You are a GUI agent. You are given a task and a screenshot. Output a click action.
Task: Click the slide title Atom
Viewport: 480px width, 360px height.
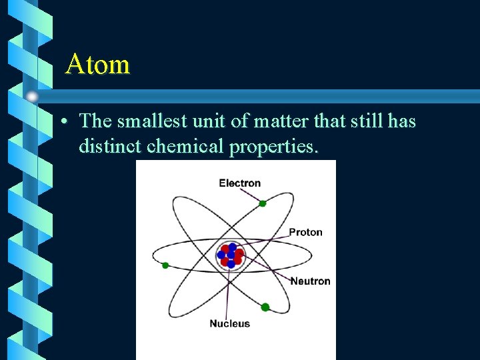[97, 65]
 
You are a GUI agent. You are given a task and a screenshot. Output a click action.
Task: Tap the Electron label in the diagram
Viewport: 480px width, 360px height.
[239, 183]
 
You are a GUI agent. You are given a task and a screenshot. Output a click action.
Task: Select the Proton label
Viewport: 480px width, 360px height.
[305, 232]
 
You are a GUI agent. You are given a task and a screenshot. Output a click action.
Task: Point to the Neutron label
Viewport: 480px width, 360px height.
[310, 281]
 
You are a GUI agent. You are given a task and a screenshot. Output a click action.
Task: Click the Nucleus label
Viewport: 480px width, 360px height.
[229, 323]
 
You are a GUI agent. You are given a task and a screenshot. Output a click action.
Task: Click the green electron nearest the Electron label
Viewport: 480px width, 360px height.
[263, 203]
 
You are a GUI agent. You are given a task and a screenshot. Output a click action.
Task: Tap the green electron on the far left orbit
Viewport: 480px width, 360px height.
[165, 265]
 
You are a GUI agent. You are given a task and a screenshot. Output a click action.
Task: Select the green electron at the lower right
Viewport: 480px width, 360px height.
[265, 307]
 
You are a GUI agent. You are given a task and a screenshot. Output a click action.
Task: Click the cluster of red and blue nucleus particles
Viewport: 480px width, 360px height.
[230, 255]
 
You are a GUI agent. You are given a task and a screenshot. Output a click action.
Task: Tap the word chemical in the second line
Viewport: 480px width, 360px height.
[185, 146]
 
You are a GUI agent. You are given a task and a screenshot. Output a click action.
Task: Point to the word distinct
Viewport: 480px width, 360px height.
[110, 146]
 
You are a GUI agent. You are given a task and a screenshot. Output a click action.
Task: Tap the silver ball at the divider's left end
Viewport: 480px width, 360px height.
[32, 96]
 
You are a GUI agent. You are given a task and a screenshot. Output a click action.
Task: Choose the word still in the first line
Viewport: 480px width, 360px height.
[357, 121]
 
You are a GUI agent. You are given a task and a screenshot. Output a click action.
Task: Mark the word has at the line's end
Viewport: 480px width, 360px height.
[400, 121]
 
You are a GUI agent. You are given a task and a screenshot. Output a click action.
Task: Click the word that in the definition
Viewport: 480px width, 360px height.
[317, 121]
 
